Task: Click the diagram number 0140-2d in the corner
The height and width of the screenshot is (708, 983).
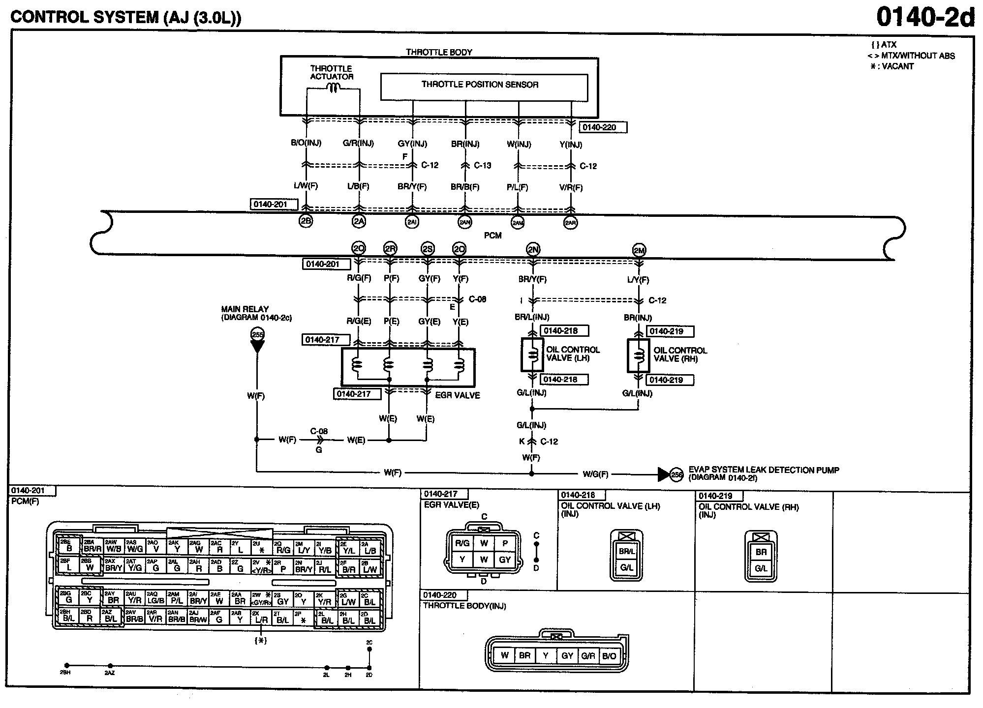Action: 925,18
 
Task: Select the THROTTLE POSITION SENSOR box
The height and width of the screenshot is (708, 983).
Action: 484,88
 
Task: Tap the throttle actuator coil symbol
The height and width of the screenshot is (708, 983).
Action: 334,88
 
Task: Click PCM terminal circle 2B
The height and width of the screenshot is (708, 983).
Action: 306,221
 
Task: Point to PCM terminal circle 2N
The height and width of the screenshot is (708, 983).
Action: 533,249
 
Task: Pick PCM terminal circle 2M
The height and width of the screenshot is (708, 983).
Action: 639,251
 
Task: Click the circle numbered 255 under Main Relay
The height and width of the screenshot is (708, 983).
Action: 257,334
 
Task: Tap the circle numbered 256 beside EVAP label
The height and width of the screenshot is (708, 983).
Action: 677,474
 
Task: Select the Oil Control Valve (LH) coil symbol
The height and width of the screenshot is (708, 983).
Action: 532,354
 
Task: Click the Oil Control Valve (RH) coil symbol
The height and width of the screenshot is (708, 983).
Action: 639,354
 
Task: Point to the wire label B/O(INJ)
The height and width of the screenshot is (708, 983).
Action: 306,144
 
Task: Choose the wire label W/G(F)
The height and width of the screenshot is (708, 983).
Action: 595,474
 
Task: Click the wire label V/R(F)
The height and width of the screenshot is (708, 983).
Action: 571,187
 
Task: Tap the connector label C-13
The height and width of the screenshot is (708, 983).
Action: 483,166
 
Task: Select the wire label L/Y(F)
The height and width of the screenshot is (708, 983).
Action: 639,280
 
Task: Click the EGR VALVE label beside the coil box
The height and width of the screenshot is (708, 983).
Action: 458,395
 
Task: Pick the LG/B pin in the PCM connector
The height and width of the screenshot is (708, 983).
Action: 155,600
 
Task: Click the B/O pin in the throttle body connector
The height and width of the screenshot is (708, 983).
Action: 609,655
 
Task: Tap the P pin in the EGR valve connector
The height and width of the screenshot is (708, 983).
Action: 505,543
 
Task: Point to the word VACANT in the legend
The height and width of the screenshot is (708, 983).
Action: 898,66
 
